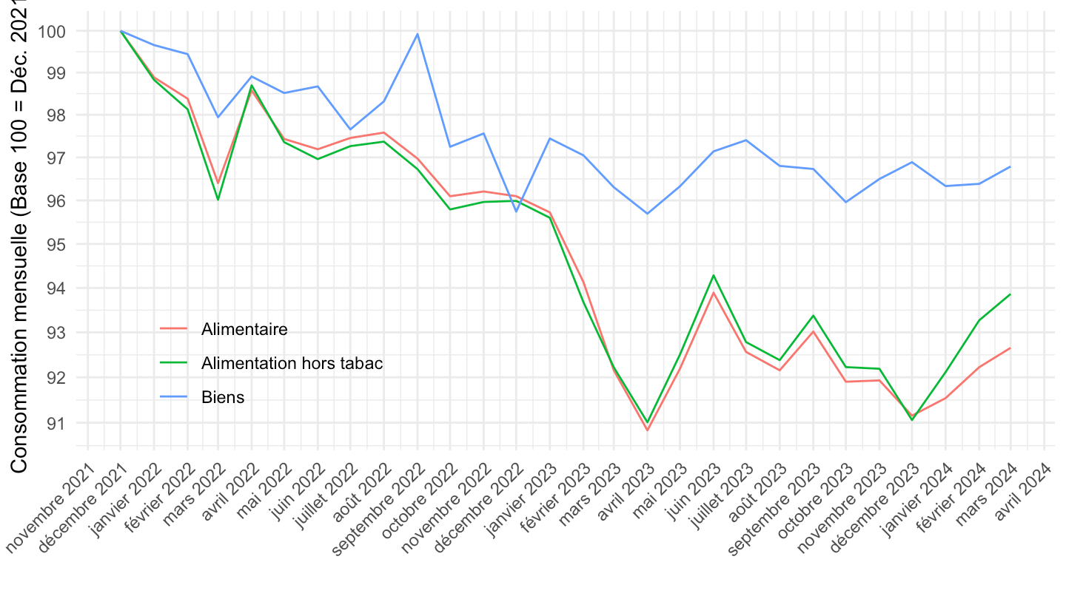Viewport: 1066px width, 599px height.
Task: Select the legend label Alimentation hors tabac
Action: [292, 363]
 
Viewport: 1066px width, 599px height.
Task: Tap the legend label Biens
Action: [222, 397]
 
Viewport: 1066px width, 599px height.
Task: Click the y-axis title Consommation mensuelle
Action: [19, 237]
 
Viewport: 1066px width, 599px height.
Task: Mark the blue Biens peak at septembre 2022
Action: [418, 34]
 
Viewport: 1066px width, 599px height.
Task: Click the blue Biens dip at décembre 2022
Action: [517, 211]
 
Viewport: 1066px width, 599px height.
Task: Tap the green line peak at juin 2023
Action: [714, 275]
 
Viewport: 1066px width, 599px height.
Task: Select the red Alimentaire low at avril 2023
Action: [647, 430]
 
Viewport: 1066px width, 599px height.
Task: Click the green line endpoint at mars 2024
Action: [1010, 294]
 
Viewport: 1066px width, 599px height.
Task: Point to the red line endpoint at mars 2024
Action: [1010, 348]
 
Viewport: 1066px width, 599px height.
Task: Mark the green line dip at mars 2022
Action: [218, 199]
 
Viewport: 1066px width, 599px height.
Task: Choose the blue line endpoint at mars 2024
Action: [1010, 166]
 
